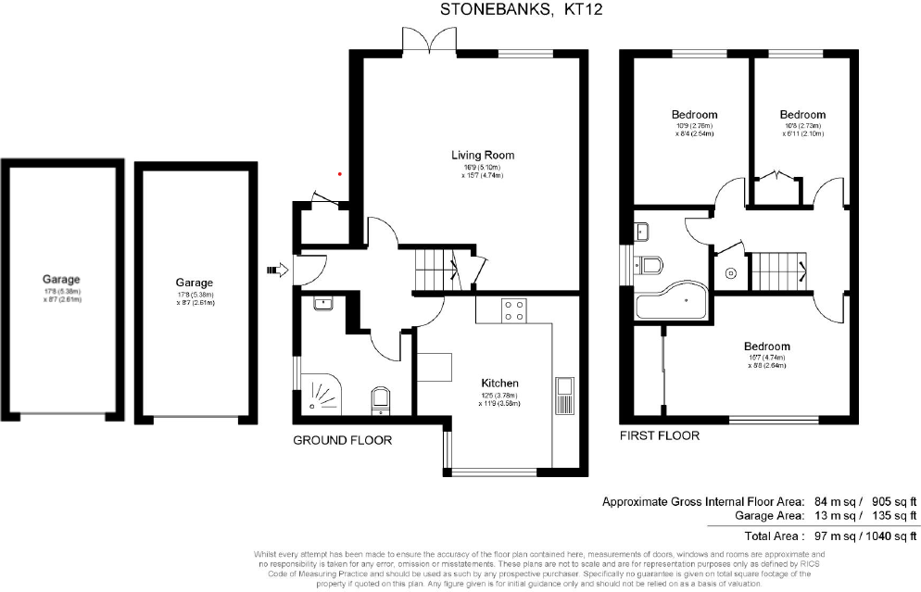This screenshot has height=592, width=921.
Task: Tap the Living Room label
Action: [482, 155]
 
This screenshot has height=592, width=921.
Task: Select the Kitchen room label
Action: [498, 383]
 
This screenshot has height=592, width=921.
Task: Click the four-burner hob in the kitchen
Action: [513, 311]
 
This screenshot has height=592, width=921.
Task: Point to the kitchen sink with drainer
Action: [565, 396]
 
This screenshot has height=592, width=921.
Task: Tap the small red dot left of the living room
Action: [340, 173]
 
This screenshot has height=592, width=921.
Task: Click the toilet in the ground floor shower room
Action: [380, 401]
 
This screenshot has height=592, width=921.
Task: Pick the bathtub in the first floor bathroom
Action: [670, 301]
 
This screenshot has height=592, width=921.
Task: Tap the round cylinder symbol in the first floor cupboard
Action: [731, 273]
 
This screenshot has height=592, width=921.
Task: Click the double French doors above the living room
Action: [429, 40]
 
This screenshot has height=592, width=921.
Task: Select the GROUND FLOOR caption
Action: [342, 440]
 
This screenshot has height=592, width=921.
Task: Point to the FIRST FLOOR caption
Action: [660, 435]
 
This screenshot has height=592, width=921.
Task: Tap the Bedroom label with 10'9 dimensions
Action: [694, 115]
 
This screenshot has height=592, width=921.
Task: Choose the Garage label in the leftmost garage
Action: [61, 279]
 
